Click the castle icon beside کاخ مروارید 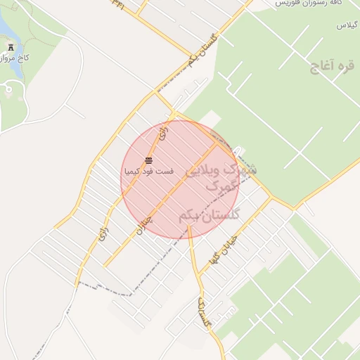[x=10, y=46]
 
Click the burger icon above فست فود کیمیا [x=148, y=161]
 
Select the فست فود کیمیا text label [x=148, y=171]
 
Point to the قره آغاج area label [x=330, y=67]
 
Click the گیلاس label [x=347, y=25]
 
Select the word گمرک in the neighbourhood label [x=223, y=191]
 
